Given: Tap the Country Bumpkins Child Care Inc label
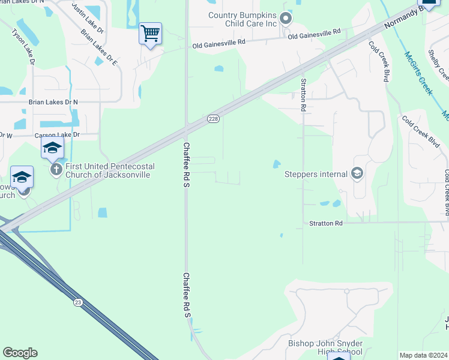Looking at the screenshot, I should [243, 19].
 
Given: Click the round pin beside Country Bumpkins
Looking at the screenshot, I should [286, 19].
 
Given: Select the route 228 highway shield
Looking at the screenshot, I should [213, 119].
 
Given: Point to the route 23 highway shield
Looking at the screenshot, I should [78, 302].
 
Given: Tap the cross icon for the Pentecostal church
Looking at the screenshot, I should [56, 170].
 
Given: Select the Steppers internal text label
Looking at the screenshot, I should [316, 175].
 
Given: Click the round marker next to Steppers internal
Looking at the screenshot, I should [357, 174].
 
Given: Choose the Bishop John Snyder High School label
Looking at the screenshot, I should [325, 347].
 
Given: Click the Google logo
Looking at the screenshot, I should [20, 353].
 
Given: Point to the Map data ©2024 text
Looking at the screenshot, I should [423, 355].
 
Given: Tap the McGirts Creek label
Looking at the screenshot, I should [418, 73].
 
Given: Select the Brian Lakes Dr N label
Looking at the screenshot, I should [53, 103].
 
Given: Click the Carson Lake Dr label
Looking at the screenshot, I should [58, 135].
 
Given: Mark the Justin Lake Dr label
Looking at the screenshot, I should [88, 17].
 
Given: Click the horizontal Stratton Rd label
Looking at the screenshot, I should [325, 223].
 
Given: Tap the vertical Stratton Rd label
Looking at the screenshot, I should [304, 95].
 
